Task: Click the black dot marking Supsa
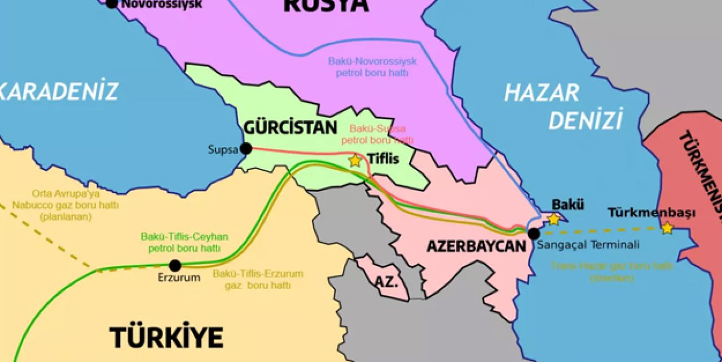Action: (x=246, y=149)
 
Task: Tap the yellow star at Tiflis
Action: (x=355, y=161)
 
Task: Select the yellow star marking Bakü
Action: (x=554, y=219)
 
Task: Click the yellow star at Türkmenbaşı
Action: (x=667, y=228)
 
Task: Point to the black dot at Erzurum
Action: (x=175, y=265)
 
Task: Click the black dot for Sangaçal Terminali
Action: (x=534, y=233)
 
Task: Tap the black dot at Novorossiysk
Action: (x=112, y=4)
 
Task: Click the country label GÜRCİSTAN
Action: (x=290, y=128)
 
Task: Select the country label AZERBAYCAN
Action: (x=476, y=246)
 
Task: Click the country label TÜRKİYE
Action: (x=166, y=337)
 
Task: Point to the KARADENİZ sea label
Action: (x=59, y=91)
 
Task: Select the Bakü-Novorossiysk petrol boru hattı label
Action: (x=372, y=68)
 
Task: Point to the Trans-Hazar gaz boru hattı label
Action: (x=611, y=272)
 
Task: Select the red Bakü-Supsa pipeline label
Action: (x=377, y=134)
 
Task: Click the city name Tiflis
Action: (x=383, y=159)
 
